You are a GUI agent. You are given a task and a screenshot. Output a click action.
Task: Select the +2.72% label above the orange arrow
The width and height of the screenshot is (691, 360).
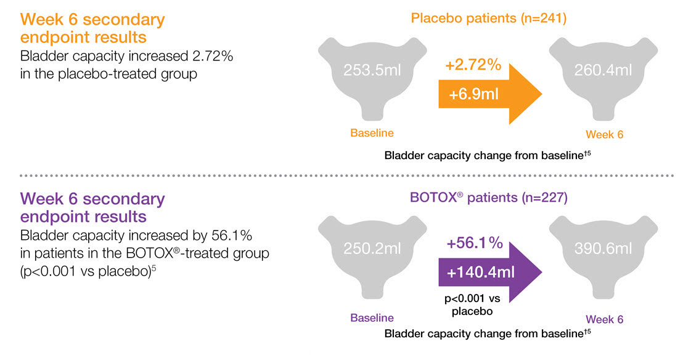click(472, 65)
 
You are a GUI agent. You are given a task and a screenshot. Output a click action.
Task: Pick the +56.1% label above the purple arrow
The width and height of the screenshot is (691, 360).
click(473, 243)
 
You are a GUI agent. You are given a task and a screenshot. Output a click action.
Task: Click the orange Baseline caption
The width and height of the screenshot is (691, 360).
click(372, 133)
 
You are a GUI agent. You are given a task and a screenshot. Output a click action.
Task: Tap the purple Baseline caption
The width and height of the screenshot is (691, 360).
click(372, 318)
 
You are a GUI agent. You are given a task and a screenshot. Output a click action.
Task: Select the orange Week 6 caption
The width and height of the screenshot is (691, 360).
click(604, 134)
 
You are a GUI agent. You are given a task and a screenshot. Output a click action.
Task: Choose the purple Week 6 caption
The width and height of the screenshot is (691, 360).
click(604, 319)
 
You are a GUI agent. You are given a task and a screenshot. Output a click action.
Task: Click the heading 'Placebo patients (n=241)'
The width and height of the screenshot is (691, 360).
click(488, 18)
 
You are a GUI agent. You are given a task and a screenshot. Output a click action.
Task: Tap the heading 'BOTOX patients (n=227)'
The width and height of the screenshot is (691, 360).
click(488, 198)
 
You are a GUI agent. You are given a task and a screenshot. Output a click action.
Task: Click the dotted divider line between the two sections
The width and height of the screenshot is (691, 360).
click(345, 176)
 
